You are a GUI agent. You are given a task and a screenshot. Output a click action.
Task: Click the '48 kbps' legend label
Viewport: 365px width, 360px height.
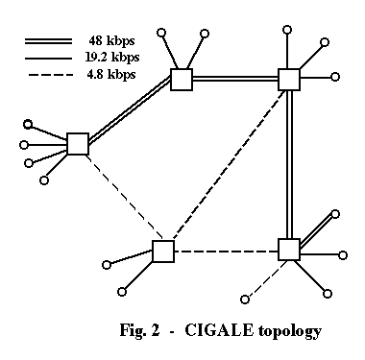[x=111, y=41]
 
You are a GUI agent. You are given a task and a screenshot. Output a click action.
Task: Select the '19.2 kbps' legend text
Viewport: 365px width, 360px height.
[x=112, y=58]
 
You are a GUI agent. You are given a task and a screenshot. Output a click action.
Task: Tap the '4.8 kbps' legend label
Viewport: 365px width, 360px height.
[x=111, y=75]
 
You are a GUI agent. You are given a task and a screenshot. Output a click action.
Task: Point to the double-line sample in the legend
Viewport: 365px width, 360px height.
[x=48, y=41]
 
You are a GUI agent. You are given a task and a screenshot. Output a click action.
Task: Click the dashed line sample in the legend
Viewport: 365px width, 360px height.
[x=51, y=75]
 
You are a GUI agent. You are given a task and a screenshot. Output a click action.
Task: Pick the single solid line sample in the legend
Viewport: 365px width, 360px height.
[x=48, y=59]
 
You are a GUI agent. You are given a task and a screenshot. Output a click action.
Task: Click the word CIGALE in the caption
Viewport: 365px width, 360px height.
[x=219, y=330]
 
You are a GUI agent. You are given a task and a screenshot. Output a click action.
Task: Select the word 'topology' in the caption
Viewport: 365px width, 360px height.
[x=289, y=331]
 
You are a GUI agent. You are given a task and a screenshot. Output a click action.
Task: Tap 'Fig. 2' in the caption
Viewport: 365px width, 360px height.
[x=139, y=330]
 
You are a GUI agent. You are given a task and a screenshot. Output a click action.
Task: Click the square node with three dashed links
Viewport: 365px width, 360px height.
[x=163, y=252]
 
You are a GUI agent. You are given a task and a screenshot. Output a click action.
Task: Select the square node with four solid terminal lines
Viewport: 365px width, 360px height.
[x=78, y=144]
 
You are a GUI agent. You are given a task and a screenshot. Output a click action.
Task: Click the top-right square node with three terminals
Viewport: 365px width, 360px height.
[x=289, y=80]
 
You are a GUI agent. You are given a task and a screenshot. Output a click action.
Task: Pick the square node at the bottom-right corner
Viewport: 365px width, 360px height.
[x=289, y=250]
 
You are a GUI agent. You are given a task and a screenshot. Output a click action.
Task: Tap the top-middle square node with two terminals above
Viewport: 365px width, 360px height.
[x=182, y=80]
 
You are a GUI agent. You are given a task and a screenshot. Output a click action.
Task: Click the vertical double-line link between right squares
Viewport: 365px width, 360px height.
[x=289, y=164]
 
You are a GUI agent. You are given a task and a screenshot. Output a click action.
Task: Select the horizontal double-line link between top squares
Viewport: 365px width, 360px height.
[x=235, y=79]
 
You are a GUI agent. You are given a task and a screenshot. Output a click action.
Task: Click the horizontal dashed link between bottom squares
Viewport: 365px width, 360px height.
[x=226, y=252]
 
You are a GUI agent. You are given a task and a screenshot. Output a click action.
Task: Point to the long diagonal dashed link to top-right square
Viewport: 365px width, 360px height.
[x=230, y=165]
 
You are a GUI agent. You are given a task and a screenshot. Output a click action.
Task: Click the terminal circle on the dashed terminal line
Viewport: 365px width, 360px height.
[x=245, y=300]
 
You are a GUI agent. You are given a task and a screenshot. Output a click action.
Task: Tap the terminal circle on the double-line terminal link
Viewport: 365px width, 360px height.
[x=335, y=214]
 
